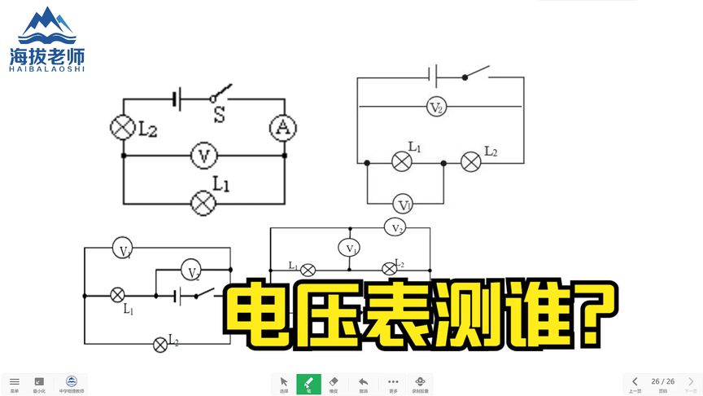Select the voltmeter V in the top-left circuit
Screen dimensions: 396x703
(x=203, y=155)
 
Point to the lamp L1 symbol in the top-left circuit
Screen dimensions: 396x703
(x=202, y=202)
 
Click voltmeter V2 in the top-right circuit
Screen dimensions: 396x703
(x=437, y=107)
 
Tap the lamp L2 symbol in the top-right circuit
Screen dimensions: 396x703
(x=471, y=162)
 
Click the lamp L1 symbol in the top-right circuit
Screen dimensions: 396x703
(x=402, y=162)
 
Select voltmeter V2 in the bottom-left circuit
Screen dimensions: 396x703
(x=191, y=272)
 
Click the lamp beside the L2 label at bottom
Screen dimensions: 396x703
(x=160, y=344)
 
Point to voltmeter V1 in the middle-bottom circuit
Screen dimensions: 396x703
(x=350, y=248)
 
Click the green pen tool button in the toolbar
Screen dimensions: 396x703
(x=308, y=383)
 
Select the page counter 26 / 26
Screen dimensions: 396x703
(x=663, y=381)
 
